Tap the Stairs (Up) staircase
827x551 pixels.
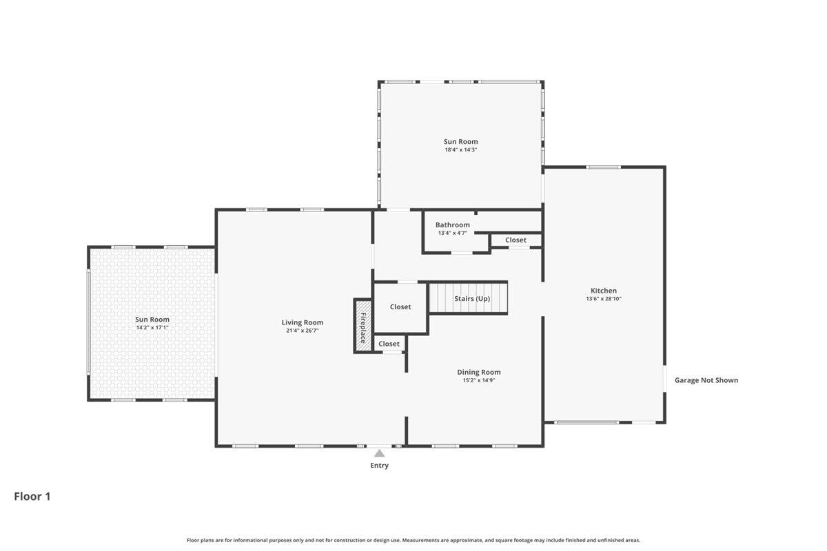469,298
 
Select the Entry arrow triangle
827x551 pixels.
379,453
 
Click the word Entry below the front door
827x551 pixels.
379,466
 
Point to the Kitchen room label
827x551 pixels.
604,291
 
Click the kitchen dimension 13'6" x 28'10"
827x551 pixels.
604,299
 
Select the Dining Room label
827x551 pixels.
478,372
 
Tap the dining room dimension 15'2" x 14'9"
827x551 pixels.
478,380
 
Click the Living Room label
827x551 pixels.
302,322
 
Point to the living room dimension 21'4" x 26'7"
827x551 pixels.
302,331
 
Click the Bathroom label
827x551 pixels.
452,225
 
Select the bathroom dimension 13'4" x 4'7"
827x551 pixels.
452,233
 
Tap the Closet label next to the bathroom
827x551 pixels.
515,240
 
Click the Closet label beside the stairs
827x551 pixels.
400,306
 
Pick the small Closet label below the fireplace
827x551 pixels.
389,344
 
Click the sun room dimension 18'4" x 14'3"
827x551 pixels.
460,149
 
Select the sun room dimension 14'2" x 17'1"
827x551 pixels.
152,328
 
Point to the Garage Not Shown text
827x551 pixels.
706,380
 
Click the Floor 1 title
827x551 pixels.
32,496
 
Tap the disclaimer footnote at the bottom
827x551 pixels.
413,540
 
